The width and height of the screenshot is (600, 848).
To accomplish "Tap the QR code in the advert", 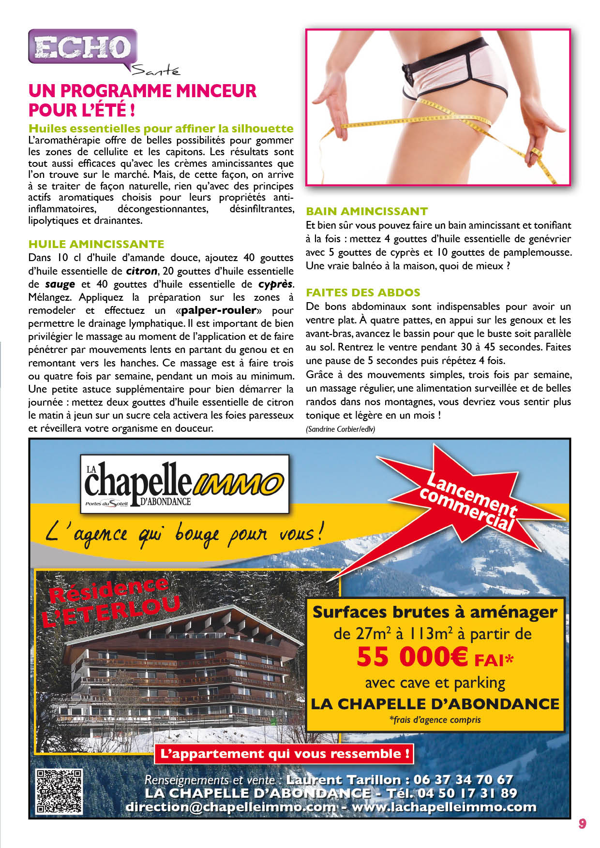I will [59, 791].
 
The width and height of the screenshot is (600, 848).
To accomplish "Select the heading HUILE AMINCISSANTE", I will [96, 244].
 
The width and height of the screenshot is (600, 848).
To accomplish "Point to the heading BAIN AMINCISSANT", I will [367, 211].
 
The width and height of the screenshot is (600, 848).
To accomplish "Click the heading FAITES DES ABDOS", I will [363, 292].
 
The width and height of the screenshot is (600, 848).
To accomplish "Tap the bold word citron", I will [141, 271].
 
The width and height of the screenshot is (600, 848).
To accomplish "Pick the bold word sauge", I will [60, 284].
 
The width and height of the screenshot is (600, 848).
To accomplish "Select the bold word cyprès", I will [275, 284].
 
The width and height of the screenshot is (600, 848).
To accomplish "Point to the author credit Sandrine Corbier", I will [340, 429].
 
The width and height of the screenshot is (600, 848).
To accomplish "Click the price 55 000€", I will [412, 657].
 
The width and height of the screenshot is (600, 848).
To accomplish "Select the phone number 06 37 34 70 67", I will [463, 779].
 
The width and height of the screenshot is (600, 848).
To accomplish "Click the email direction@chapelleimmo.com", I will [230, 807].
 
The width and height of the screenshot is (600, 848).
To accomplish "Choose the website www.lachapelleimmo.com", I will [444, 807].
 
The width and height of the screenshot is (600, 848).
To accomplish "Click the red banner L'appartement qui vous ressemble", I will [285, 754].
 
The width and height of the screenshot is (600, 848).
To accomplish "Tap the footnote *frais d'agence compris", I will [435, 720].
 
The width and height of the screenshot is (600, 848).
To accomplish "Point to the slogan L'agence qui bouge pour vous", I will [184, 535].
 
